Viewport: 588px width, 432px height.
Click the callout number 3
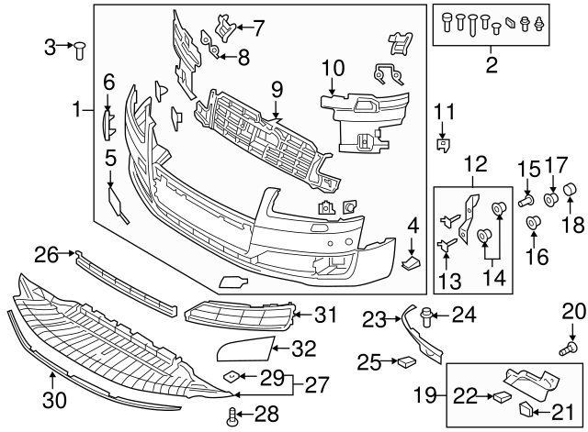click(50, 45)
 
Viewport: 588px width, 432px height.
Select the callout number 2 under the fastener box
click(491, 64)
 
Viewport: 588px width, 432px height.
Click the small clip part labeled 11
click(443, 143)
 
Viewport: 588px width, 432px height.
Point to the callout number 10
click(333, 68)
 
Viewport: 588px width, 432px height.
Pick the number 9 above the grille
click(275, 89)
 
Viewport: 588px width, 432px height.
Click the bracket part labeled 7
click(223, 28)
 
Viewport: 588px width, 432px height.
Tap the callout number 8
click(243, 58)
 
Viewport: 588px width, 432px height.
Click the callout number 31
click(325, 315)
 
